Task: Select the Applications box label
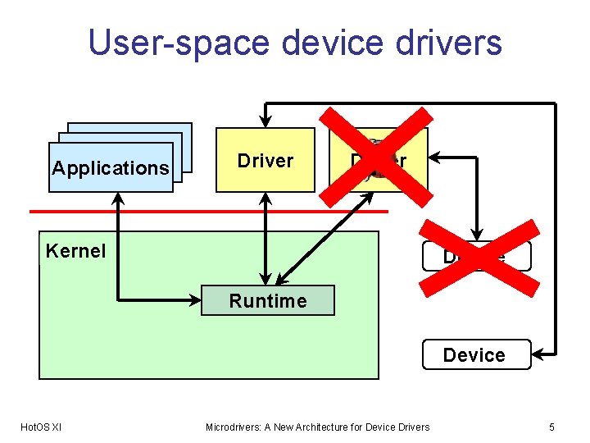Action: [111, 168]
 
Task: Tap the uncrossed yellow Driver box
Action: [265, 160]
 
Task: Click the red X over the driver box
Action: [379, 160]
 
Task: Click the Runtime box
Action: [268, 301]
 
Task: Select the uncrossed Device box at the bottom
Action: [474, 355]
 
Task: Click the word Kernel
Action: [76, 251]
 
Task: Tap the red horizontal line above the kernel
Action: [205, 212]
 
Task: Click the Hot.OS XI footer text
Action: [41, 427]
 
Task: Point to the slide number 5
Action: [551, 427]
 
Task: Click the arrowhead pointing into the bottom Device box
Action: [538, 354]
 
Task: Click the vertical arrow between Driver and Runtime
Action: [265, 238]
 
